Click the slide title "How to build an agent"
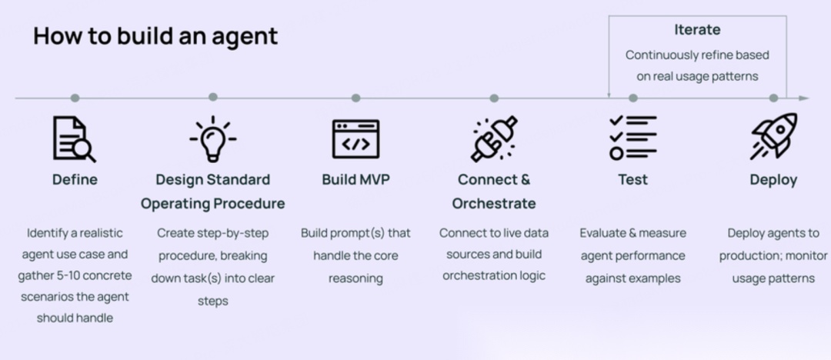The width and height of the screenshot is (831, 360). pos(155,36)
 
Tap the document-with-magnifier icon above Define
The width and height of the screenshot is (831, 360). pos(75,139)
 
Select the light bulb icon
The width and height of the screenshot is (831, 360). pos(213,139)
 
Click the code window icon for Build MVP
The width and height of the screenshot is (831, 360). pos(355,139)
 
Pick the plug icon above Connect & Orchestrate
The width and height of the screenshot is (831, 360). pos(494,139)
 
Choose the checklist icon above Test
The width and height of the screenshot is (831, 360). pos(632,138)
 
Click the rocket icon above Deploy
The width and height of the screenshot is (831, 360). pos(773,136)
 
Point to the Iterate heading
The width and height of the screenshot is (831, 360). pos(697,30)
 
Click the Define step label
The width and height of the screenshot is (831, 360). pos(75,180)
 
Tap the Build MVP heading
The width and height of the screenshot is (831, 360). pos(355,180)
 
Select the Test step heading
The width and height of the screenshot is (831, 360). pos(632,180)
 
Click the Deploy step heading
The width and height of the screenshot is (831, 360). pos(773,180)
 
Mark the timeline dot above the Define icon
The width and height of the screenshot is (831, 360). pos(75,98)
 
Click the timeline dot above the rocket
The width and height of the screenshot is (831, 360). pos(773,98)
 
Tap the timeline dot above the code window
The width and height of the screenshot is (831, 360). pos(355,98)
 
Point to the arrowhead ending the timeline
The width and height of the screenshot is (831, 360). pos(804,98)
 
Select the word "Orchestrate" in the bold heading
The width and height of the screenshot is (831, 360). pos(494,204)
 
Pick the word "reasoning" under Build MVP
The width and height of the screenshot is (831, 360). pos(355,279)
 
